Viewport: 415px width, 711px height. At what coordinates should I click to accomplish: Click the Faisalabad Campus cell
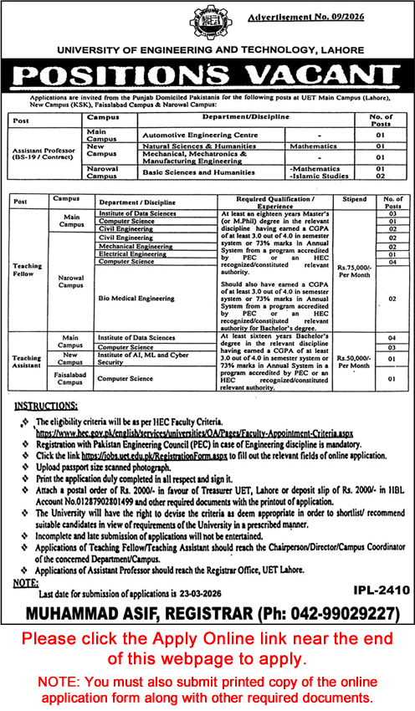tap(64, 378)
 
